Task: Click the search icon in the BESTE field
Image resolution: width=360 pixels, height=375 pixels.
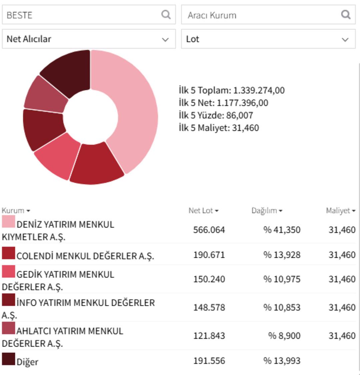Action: click(x=166, y=15)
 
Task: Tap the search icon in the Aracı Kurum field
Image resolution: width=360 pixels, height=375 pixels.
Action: click(x=346, y=15)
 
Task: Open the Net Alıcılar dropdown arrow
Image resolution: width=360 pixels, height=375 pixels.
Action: click(x=165, y=39)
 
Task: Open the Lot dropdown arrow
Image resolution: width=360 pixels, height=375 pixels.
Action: click(x=345, y=39)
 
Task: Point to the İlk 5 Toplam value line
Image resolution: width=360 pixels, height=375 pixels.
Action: click(x=231, y=90)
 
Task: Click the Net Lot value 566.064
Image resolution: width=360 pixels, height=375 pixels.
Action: click(x=209, y=230)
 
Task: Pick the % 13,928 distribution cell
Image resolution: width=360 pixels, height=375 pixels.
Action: click(x=282, y=255)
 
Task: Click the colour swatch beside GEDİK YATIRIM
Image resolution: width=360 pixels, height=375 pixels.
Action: click(x=8, y=271)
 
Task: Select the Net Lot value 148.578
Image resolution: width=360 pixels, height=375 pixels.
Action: click(x=209, y=307)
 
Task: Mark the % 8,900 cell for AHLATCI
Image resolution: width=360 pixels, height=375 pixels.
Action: click(x=284, y=336)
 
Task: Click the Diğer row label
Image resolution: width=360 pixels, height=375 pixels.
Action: click(x=27, y=362)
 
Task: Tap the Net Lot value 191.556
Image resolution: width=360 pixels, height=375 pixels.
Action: click(x=209, y=361)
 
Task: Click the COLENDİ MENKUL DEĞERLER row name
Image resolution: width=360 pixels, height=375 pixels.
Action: click(x=85, y=256)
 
